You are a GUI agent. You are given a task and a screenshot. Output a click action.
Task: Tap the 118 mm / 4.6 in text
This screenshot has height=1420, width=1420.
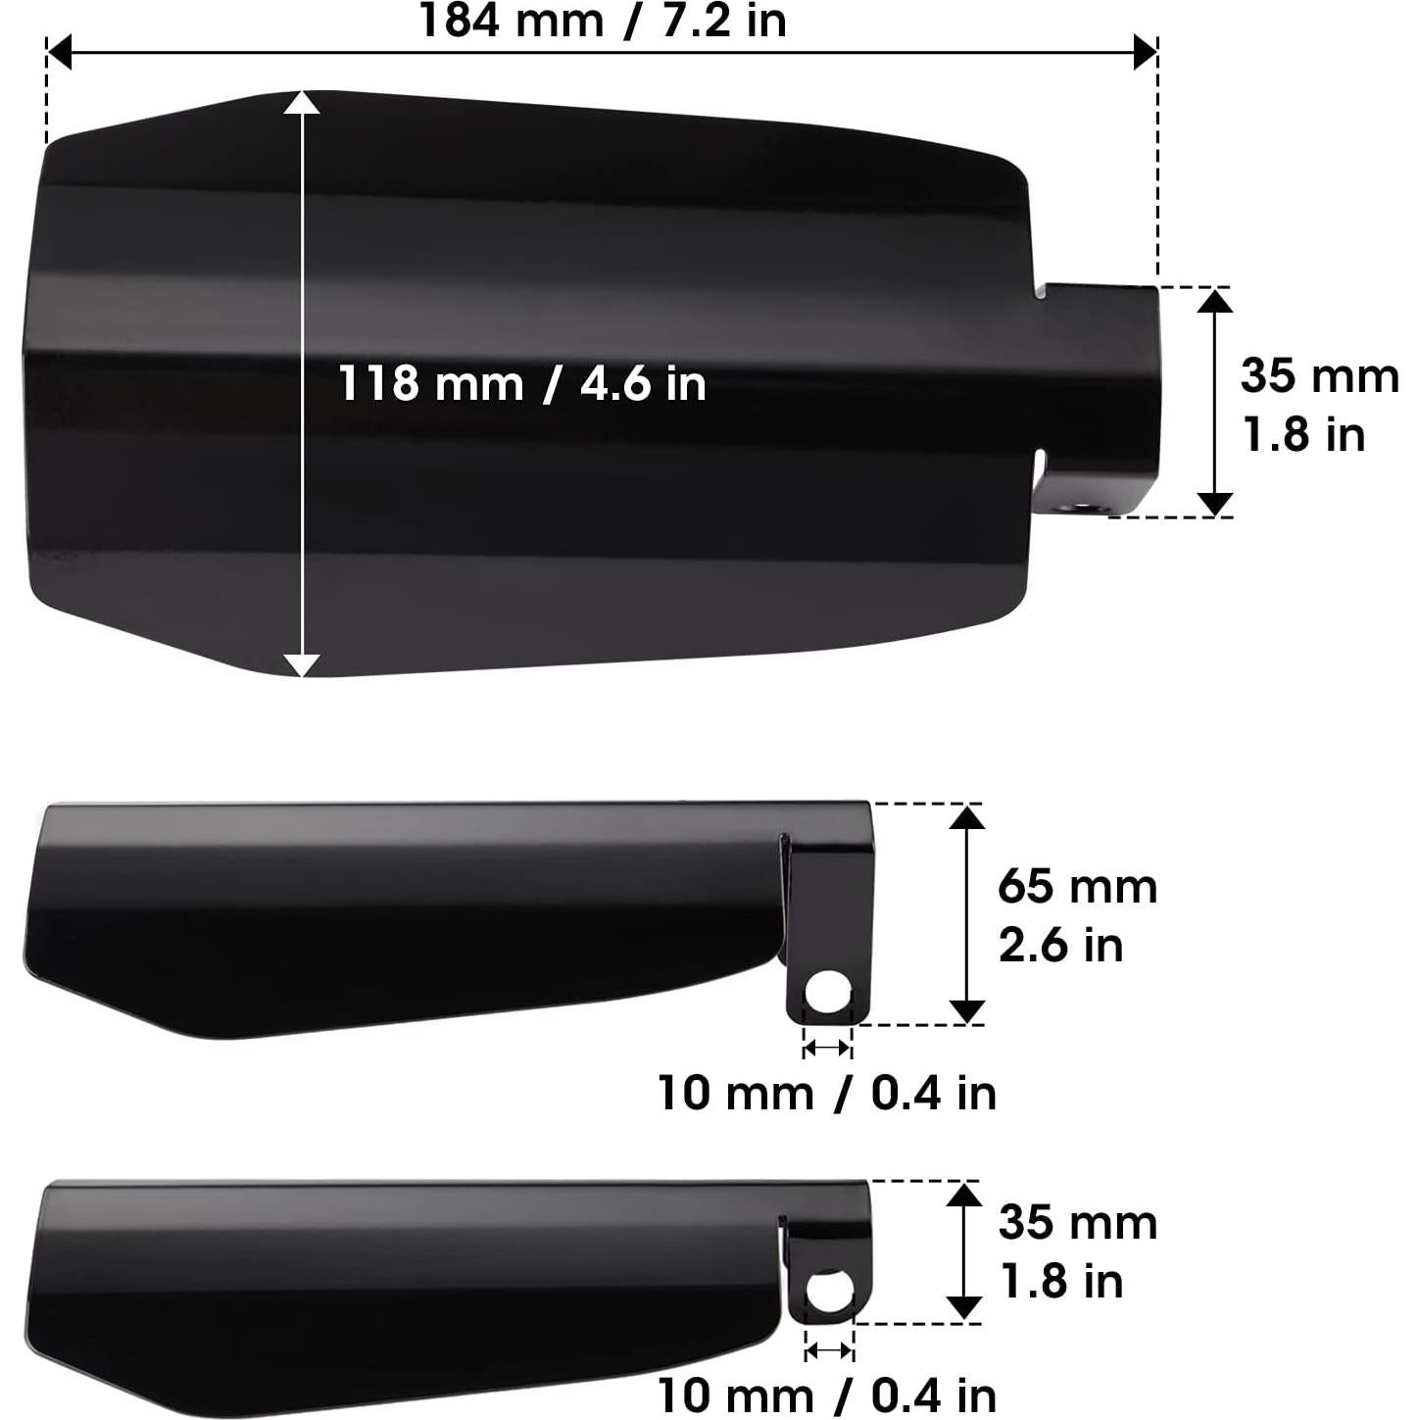pos(521,382)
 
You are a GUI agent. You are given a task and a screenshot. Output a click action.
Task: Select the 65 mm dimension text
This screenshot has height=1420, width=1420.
pos(1077,887)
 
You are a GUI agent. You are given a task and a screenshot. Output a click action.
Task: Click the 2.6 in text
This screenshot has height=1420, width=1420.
pos(1060,946)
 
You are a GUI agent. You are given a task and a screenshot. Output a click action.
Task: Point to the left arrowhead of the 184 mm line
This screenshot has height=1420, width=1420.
pos(60,52)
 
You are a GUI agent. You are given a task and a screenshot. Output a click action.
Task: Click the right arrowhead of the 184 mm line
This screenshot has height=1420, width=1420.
pos(1145,52)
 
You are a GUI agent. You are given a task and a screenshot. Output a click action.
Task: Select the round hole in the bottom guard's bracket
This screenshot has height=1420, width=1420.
pos(827,1292)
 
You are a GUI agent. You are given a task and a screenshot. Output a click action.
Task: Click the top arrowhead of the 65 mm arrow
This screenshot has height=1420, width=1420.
pos(967,816)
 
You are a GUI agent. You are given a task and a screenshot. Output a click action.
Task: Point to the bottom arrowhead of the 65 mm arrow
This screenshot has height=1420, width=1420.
pos(967,1011)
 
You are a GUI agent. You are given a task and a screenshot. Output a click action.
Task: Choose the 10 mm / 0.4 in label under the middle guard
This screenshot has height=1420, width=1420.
pos(826,1093)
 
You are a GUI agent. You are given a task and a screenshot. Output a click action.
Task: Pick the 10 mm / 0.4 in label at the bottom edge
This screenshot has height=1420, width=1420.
pos(826,1395)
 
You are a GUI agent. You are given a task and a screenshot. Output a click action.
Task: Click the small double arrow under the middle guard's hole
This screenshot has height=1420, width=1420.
pos(826,1049)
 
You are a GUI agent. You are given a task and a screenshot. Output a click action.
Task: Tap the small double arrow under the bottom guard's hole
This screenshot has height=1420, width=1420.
pos(829,1351)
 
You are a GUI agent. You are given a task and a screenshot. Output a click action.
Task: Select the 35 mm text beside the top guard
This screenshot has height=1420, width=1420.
pos(1319,376)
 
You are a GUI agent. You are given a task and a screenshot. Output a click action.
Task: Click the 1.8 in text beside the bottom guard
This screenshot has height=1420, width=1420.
pos(1060,1282)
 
